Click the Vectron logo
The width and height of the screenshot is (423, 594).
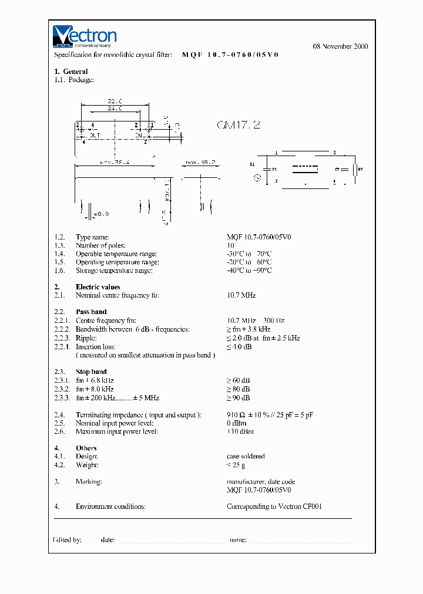(85, 36)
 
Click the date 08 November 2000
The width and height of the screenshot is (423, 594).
(340, 46)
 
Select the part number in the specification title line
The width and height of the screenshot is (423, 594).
(230, 55)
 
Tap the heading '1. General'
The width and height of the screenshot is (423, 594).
(71, 72)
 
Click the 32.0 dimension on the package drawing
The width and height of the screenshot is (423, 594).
(115, 101)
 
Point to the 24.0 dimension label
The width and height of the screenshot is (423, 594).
(115, 109)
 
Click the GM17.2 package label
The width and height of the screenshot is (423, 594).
(238, 125)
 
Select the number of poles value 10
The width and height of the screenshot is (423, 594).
(230, 245)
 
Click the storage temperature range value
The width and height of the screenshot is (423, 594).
(249, 271)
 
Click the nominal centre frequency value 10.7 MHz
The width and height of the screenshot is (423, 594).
(241, 295)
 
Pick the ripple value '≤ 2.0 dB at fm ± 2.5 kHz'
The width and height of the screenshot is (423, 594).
(263, 338)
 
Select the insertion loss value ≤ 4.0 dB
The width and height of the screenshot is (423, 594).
(239, 347)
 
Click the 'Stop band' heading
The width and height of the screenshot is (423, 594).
(91, 372)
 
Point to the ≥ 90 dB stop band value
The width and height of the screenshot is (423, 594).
(239, 398)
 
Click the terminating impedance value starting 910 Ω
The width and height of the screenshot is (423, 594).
(270, 415)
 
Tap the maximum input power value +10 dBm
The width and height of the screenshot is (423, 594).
(240, 431)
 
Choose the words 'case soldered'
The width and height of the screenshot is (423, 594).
(246, 456)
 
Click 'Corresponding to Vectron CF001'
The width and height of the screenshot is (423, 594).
(274, 507)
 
